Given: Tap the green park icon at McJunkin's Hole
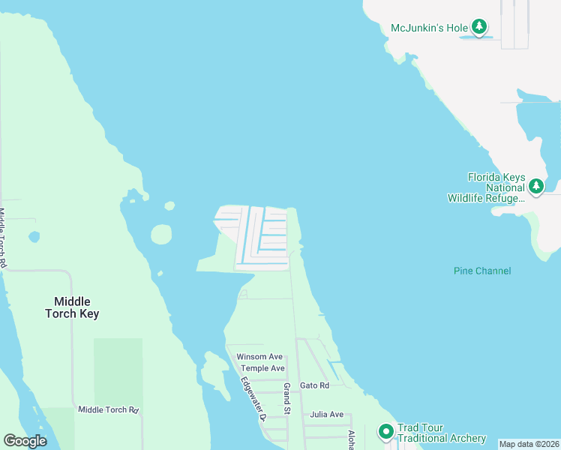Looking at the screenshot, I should point(480,28).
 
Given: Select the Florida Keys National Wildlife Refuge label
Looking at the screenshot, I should point(496,187).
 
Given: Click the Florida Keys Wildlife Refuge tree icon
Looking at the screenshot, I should point(535,185).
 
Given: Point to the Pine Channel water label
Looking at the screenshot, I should point(482,271).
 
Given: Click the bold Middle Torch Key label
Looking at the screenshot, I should point(72,307).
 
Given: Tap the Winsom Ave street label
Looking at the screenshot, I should point(259,356).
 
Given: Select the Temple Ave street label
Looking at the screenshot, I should point(262,368).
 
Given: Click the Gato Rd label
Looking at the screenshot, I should point(314,385).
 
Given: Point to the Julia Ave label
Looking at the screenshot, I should point(327,414).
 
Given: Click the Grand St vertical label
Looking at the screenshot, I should point(286,399).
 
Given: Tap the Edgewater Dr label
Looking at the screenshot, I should point(254,397).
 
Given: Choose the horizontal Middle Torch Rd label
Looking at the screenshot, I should point(109,409).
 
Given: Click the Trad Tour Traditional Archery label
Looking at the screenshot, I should point(441,433).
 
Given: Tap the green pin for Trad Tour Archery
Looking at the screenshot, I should point(385,431).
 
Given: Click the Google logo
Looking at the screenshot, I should point(25,441).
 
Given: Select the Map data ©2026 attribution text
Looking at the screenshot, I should point(529,444).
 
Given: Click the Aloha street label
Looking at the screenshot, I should point(350,439).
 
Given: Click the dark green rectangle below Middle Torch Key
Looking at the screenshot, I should point(118,371).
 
